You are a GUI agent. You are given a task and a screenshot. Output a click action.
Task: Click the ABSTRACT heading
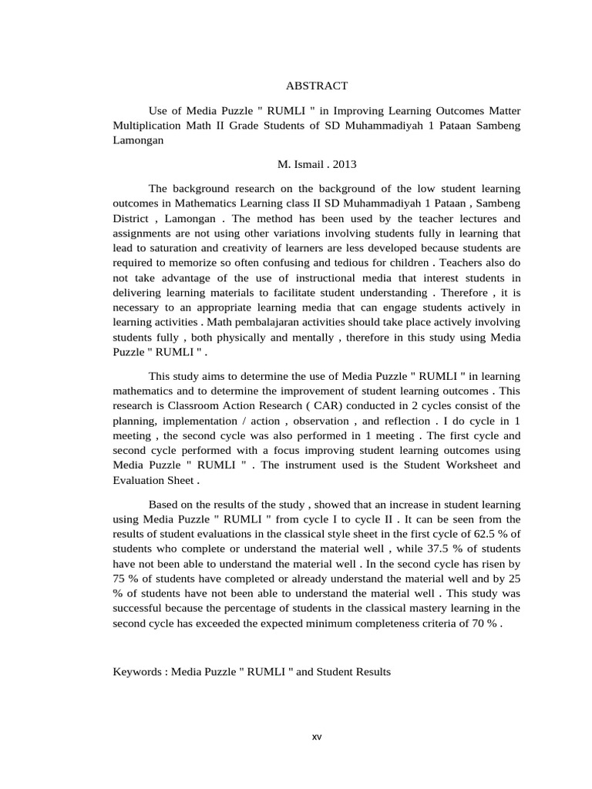coord(316,86)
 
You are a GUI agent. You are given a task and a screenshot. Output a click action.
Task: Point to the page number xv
coord(317,737)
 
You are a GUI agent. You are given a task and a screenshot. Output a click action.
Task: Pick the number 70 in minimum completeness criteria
coord(472,623)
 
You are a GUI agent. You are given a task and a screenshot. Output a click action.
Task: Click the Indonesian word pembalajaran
coord(227,322)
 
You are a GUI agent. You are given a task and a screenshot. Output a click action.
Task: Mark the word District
coord(132,218)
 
